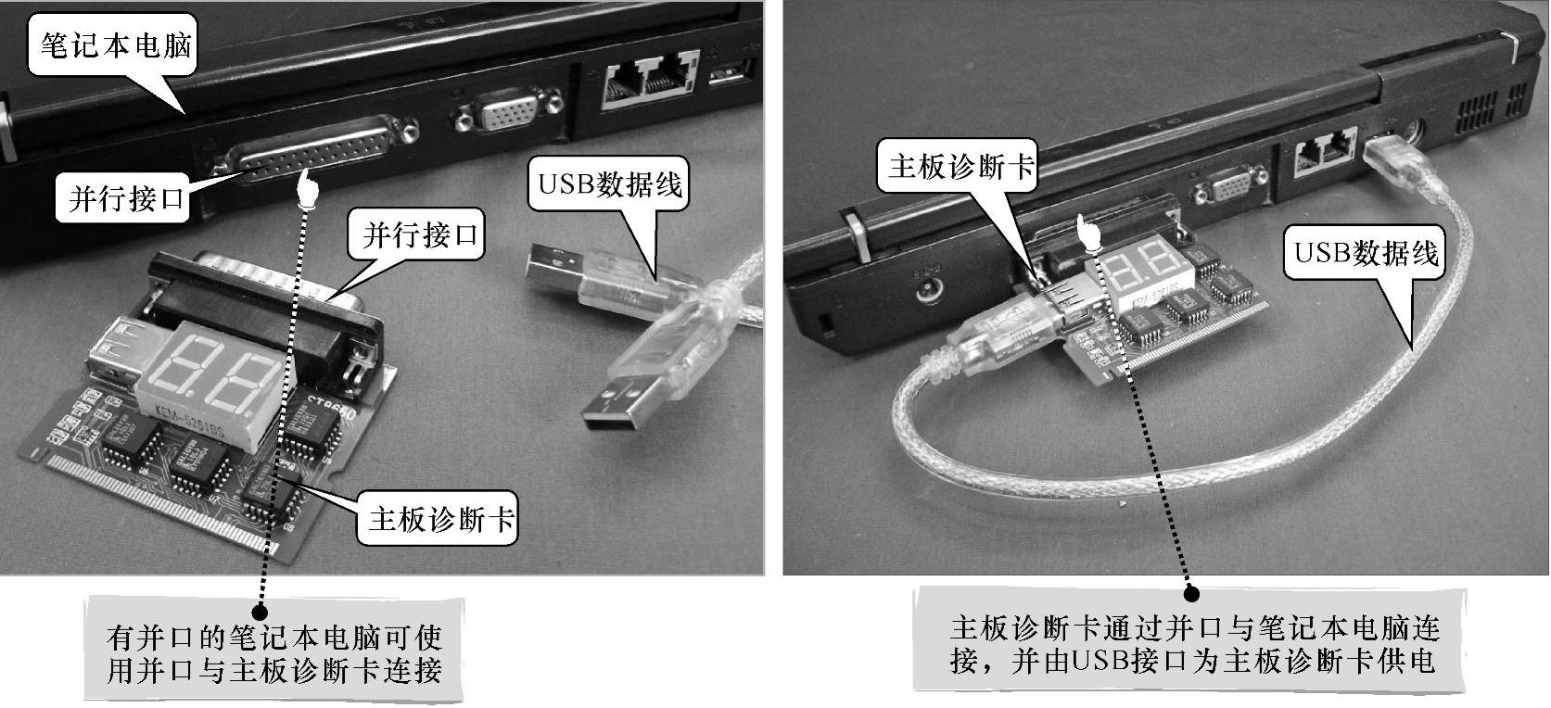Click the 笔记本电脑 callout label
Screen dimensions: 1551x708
pos(113,45)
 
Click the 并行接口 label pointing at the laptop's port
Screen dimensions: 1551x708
pos(124,198)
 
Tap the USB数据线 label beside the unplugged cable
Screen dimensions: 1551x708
pos(609,183)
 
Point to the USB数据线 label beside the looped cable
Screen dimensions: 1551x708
pos(1367,252)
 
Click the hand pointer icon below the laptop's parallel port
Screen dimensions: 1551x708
pos(308,190)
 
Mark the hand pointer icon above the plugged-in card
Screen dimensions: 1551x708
pos(1089,233)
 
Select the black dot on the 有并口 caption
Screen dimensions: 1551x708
pos(260,612)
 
